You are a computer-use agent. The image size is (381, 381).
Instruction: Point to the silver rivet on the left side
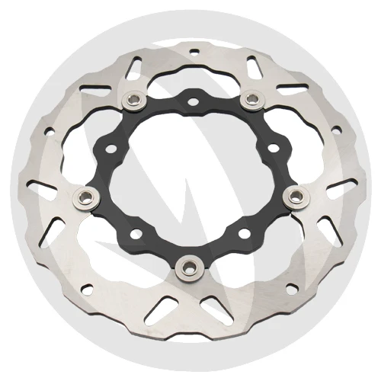(x=79, y=199)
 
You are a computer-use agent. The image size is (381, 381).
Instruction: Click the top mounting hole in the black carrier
(x=191, y=101)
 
